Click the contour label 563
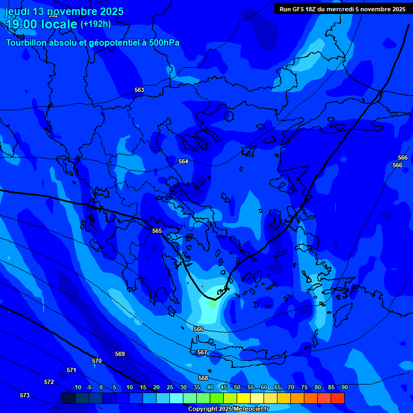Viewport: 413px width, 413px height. (139, 90)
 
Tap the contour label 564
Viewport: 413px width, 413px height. (183, 161)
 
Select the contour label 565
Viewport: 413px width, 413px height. (157, 231)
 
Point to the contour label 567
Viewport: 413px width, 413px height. (202, 352)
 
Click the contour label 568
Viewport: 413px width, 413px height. (203, 378)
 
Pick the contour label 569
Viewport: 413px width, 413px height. (120, 354)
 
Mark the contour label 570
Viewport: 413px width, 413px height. (97, 361)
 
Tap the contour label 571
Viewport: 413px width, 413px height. (72, 370)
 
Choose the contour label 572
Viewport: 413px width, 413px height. (49, 382)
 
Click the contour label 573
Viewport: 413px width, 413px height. (25, 395)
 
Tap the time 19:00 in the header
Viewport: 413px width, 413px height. (23, 24)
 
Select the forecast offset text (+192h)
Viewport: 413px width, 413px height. (96, 24)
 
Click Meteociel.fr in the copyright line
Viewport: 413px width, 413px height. (247, 409)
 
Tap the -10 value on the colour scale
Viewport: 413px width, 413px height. (76, 387)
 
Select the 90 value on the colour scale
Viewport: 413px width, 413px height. (344, 387)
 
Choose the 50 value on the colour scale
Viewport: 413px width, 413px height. (237, 387)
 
